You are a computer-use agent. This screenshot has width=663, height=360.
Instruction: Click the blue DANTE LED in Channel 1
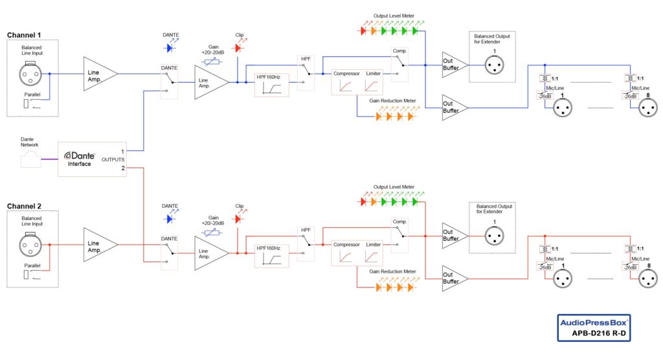click(170, 48)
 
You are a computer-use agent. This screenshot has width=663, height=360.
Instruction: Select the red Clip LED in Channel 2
click(237, 219)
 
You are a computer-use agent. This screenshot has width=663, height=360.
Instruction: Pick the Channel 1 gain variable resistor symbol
click(212, 62)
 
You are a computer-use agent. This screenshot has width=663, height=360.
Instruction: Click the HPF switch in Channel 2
click(306, 245)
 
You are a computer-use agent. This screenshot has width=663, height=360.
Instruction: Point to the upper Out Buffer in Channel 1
click(453, 65)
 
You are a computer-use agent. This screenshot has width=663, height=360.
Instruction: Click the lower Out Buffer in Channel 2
click(453, 278)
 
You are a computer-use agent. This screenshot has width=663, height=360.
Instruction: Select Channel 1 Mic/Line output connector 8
click(647, 109)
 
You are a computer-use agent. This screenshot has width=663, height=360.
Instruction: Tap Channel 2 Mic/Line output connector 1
click(563, 279)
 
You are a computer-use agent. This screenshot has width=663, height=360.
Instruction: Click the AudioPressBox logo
click(594, 322)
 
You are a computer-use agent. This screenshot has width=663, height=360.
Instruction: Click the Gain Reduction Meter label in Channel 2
click(391, 272)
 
